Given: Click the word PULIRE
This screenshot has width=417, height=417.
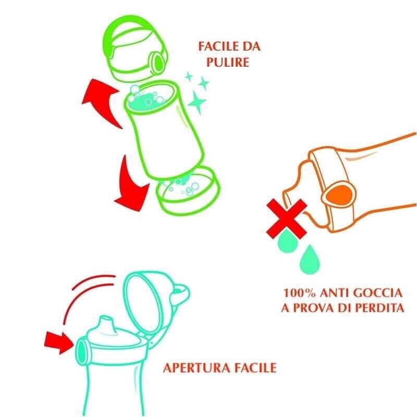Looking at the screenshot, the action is point(228,62).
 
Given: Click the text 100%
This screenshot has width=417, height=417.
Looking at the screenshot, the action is point(300,293).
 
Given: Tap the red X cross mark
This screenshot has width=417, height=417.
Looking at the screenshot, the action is point(287,219).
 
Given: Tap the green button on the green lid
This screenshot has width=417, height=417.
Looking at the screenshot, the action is point(157,62).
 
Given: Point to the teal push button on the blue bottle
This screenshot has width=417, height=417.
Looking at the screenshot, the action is point(82,351).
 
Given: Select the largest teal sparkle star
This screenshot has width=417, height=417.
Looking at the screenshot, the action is point(197,102).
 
